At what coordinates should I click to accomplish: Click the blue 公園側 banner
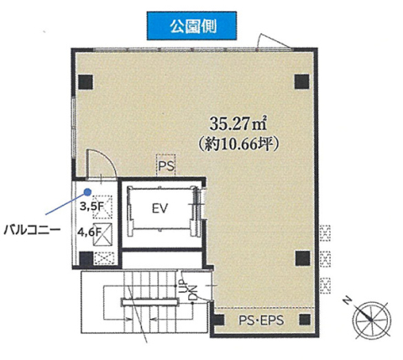(191, 26)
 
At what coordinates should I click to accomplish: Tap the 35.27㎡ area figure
(238, 124)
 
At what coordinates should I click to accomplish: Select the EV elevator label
(160, 208)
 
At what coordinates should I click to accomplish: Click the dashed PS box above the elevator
(166, 165)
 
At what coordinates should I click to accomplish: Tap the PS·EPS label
(261, 320)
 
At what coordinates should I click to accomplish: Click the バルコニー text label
(32, 230)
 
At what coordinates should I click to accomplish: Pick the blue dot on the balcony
(87, 191)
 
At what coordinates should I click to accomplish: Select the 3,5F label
(92, 206)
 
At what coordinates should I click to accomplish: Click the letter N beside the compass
(348, 300)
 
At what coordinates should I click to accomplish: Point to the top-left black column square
(86, 82)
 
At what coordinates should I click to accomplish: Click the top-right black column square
(302, 81)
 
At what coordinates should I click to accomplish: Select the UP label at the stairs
(182, 286)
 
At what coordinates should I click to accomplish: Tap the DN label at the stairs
(193, 293)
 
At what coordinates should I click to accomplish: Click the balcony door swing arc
(107, 159)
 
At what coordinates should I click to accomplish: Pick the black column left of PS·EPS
(220, 320)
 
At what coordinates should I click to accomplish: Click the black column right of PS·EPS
(305, 320)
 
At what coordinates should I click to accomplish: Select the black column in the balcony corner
(86, 258)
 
